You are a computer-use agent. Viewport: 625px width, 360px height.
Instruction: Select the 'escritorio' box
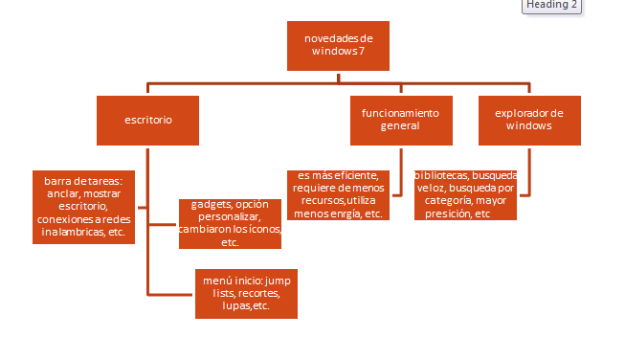pyautogui.click(x=147, y=120)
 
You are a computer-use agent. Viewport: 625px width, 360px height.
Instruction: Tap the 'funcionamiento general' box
pyautogui.click(x=400, y=120)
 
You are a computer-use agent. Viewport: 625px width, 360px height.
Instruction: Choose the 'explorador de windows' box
pyautogui.click(x=529, y=120)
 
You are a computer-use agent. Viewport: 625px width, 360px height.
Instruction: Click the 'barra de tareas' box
pyautogui.click(x=83, y=206)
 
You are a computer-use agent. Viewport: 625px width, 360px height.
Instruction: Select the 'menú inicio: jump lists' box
pyautogui.click(x=246, y=293)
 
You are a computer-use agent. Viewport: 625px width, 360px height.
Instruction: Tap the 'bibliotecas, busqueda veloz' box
pyautogui.click(x=465, y=194)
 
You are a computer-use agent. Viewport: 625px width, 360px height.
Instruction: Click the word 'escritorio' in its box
pyautogui.click(x=147, y=120)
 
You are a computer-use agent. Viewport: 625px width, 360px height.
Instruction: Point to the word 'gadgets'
pyautogui.click(x=211, y=205)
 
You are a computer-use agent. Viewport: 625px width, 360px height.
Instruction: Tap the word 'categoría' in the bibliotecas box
pyautogui.click(x=441, y=201)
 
